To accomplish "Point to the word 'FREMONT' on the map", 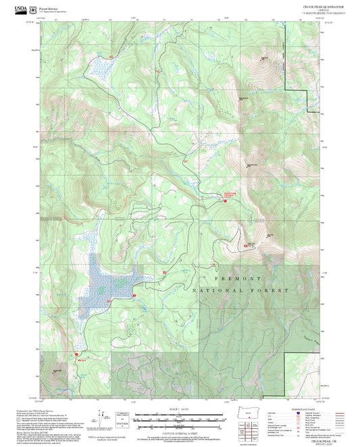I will [x=238, y=278].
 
